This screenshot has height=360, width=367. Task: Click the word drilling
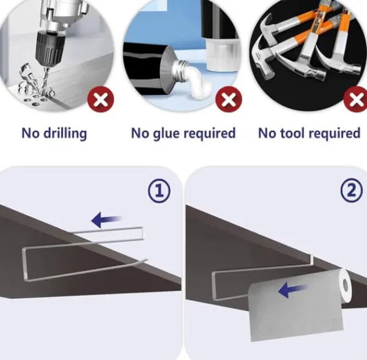[x=65, y=134]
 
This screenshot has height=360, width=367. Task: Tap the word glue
[x=166, y=134]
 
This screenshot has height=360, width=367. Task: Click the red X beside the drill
[x=101, y=99]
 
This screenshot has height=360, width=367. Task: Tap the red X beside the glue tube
[x=229, y=99]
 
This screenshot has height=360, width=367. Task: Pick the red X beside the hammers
[x=356, y=99]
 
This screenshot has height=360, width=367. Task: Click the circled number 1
[x=160, y=191]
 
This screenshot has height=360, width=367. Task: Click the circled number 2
[x=352, y=190]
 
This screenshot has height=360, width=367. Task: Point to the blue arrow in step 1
[x=106, y=219]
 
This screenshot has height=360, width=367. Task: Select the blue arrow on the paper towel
[x=292, y=290]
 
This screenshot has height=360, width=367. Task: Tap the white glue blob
[x=199, y=84]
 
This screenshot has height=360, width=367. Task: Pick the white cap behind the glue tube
[x=223, y=54]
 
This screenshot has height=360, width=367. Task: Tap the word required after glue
[x=209, y=134]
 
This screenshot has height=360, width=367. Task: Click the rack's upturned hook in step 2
[x=312, y=260]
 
